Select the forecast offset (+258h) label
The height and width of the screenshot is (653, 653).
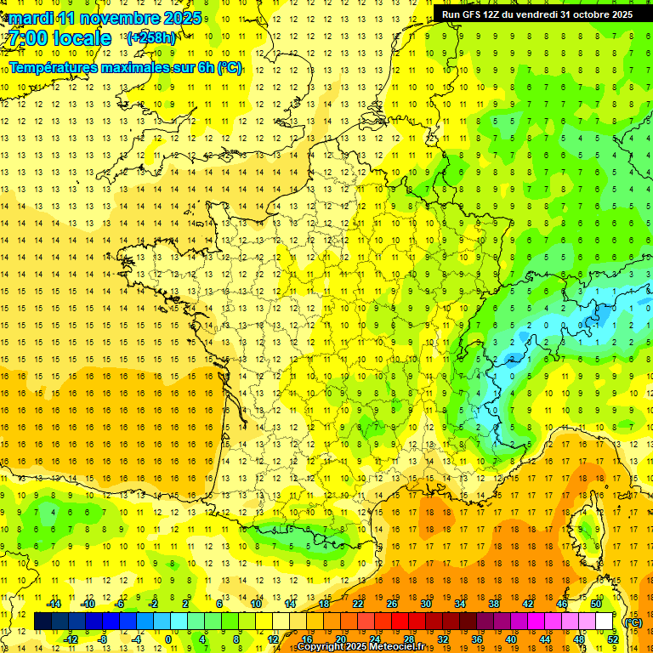[x=150, y=38]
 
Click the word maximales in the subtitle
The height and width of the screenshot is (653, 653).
[x=132, y=67]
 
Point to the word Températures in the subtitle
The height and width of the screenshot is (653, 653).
[x=50, y=67]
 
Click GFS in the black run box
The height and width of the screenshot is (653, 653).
[x=476, y=14]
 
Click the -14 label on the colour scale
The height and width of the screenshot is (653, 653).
[x=54, y=604]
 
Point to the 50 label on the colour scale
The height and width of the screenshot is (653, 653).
[x=597, y=604]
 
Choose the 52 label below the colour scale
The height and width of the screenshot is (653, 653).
[x=613, y=639]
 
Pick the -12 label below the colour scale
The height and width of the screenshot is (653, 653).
[x=71, y=639]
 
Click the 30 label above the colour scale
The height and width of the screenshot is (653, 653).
[x=425, y=604]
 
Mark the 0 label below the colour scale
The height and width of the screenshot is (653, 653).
[x=168, y=639]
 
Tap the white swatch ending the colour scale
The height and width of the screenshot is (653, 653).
[x=605, y=622]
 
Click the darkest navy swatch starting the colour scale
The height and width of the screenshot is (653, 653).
[x=43, y=622]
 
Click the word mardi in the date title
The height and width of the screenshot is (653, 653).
[x=31, y=18]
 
